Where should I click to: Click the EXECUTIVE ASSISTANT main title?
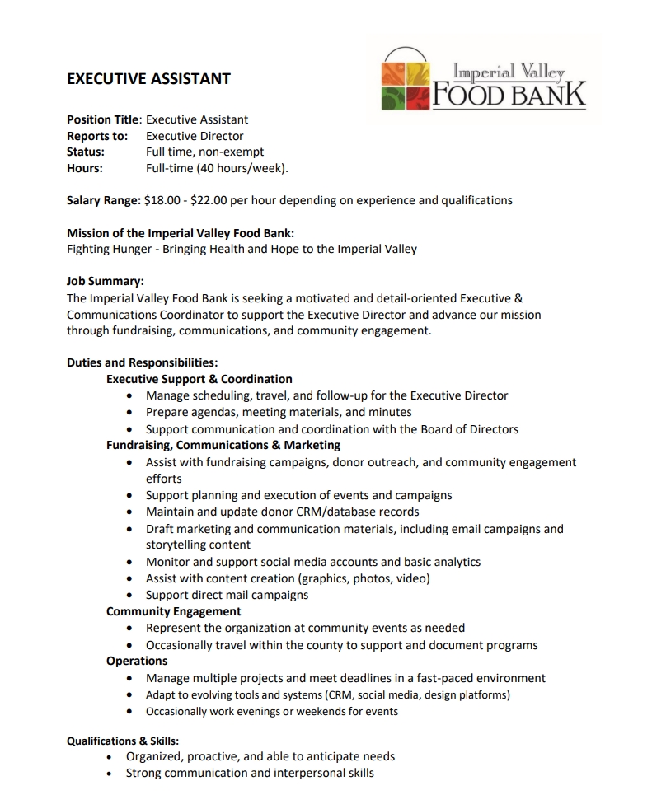click(x=148, y=79)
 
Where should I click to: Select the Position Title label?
click(x=103, y=119)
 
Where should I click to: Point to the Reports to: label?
click(x=97, y=136)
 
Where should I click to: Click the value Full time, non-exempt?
click(x=204, y=152)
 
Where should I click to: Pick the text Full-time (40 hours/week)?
click(x=217, y=168)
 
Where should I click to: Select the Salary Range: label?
click(x=103, y=200)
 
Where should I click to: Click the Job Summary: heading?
click(x=106, y=281)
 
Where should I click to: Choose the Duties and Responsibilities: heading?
click(x=142, y=362)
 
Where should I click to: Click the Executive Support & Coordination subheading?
click(x=199, y=379)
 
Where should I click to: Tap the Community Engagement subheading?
click(x=174, y=611)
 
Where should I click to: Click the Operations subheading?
click(x=137, y=661)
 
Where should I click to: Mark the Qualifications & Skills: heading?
click(x=123, y=741)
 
